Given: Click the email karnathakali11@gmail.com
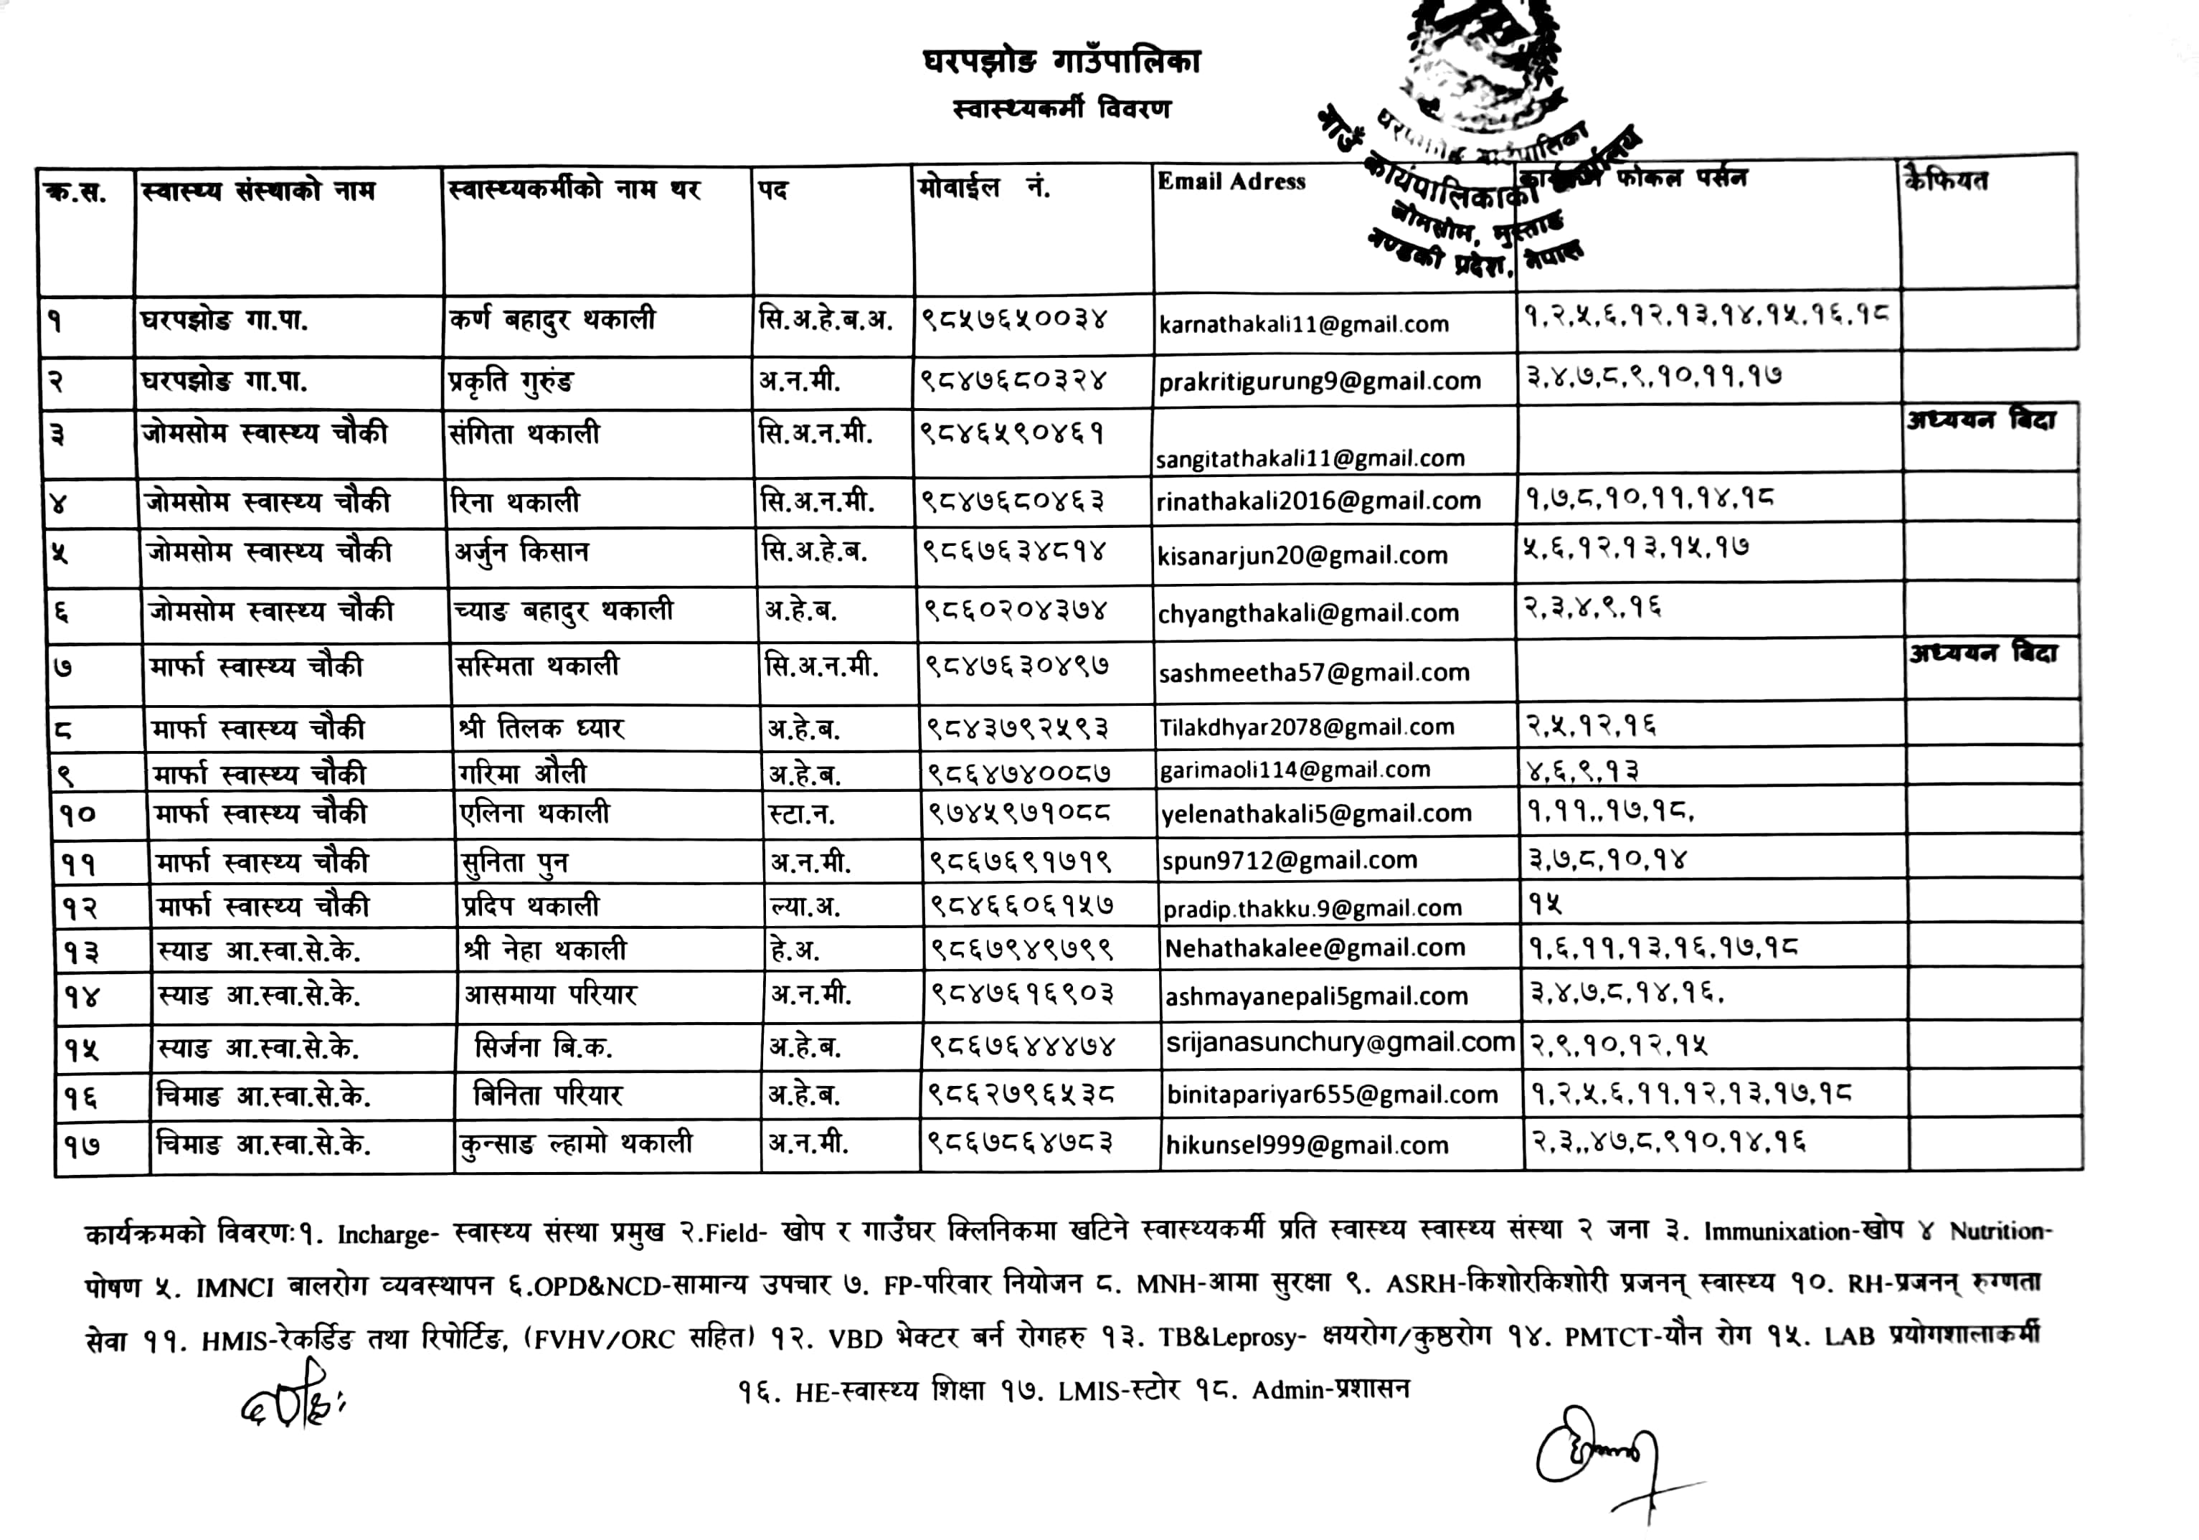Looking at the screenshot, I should tap(1303, 325).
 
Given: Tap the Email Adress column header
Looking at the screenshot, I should tap(1231, 182).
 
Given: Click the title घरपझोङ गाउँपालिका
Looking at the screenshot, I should tap(1061, 62).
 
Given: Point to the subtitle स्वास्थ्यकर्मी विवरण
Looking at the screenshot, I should tap(1061, 108).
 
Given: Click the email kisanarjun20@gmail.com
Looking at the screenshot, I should tap(1302, 555).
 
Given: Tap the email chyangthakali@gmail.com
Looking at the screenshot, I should tap(1307, 613).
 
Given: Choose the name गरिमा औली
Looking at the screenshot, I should tap(522, 773).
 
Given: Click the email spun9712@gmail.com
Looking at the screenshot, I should tap(1289, 860).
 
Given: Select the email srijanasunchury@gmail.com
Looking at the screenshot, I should tap(1340, 1042).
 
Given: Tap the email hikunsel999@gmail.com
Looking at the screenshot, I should tap(1306, 1145).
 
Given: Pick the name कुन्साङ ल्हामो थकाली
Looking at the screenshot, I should tap(574, 1143).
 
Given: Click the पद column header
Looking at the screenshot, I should tap(774, 189).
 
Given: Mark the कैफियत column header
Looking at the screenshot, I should tap(1946, 180).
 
